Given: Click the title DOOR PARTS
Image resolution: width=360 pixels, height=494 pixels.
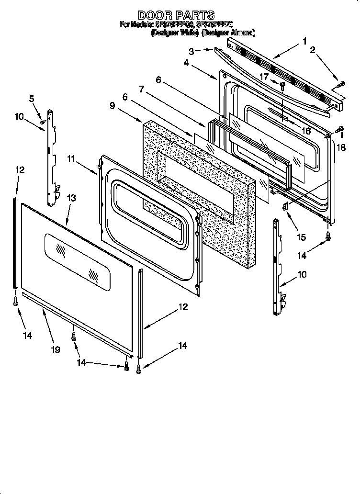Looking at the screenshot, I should point(176,16).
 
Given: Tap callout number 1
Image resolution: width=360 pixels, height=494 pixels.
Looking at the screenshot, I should point(304,41).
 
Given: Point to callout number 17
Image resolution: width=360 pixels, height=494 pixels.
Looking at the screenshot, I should point(264,77).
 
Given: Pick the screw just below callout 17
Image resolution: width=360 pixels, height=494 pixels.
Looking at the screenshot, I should point(283,87).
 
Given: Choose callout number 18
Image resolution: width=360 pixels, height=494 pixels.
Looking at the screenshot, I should point(341,147).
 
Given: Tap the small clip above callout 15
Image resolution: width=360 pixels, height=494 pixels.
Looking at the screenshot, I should point(285,206).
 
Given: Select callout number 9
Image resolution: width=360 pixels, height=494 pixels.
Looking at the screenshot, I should point(112,105).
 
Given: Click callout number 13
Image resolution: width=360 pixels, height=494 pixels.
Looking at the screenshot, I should point(71,198).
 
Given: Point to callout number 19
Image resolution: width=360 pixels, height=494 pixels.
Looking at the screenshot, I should point(56,350).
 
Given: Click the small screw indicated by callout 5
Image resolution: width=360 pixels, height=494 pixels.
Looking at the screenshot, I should point(42,122).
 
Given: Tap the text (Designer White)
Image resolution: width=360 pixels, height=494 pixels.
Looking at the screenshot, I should point(175,33).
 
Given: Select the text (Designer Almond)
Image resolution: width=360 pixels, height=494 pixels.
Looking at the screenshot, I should point(228,33).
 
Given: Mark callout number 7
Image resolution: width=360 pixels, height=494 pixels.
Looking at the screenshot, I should point(142,89).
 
